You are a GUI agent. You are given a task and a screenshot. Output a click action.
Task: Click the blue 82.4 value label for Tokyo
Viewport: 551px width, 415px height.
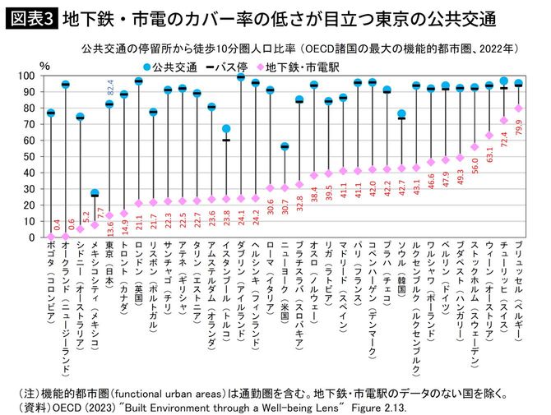coord(110,89)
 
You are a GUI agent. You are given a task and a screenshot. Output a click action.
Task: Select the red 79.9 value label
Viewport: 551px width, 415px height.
coord(518,127)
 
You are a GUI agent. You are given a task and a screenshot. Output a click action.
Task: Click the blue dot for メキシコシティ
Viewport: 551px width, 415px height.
coord(95,194)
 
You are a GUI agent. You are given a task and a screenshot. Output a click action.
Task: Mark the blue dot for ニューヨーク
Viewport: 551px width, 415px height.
coord(285,146)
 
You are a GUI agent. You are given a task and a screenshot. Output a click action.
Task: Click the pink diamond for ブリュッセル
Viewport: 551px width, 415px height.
coord(518,108)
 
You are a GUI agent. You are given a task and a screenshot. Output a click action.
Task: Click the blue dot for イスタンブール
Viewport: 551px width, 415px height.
coord(226,129)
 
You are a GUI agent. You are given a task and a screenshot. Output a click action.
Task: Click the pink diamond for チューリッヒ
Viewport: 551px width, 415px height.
coord(503,121)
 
